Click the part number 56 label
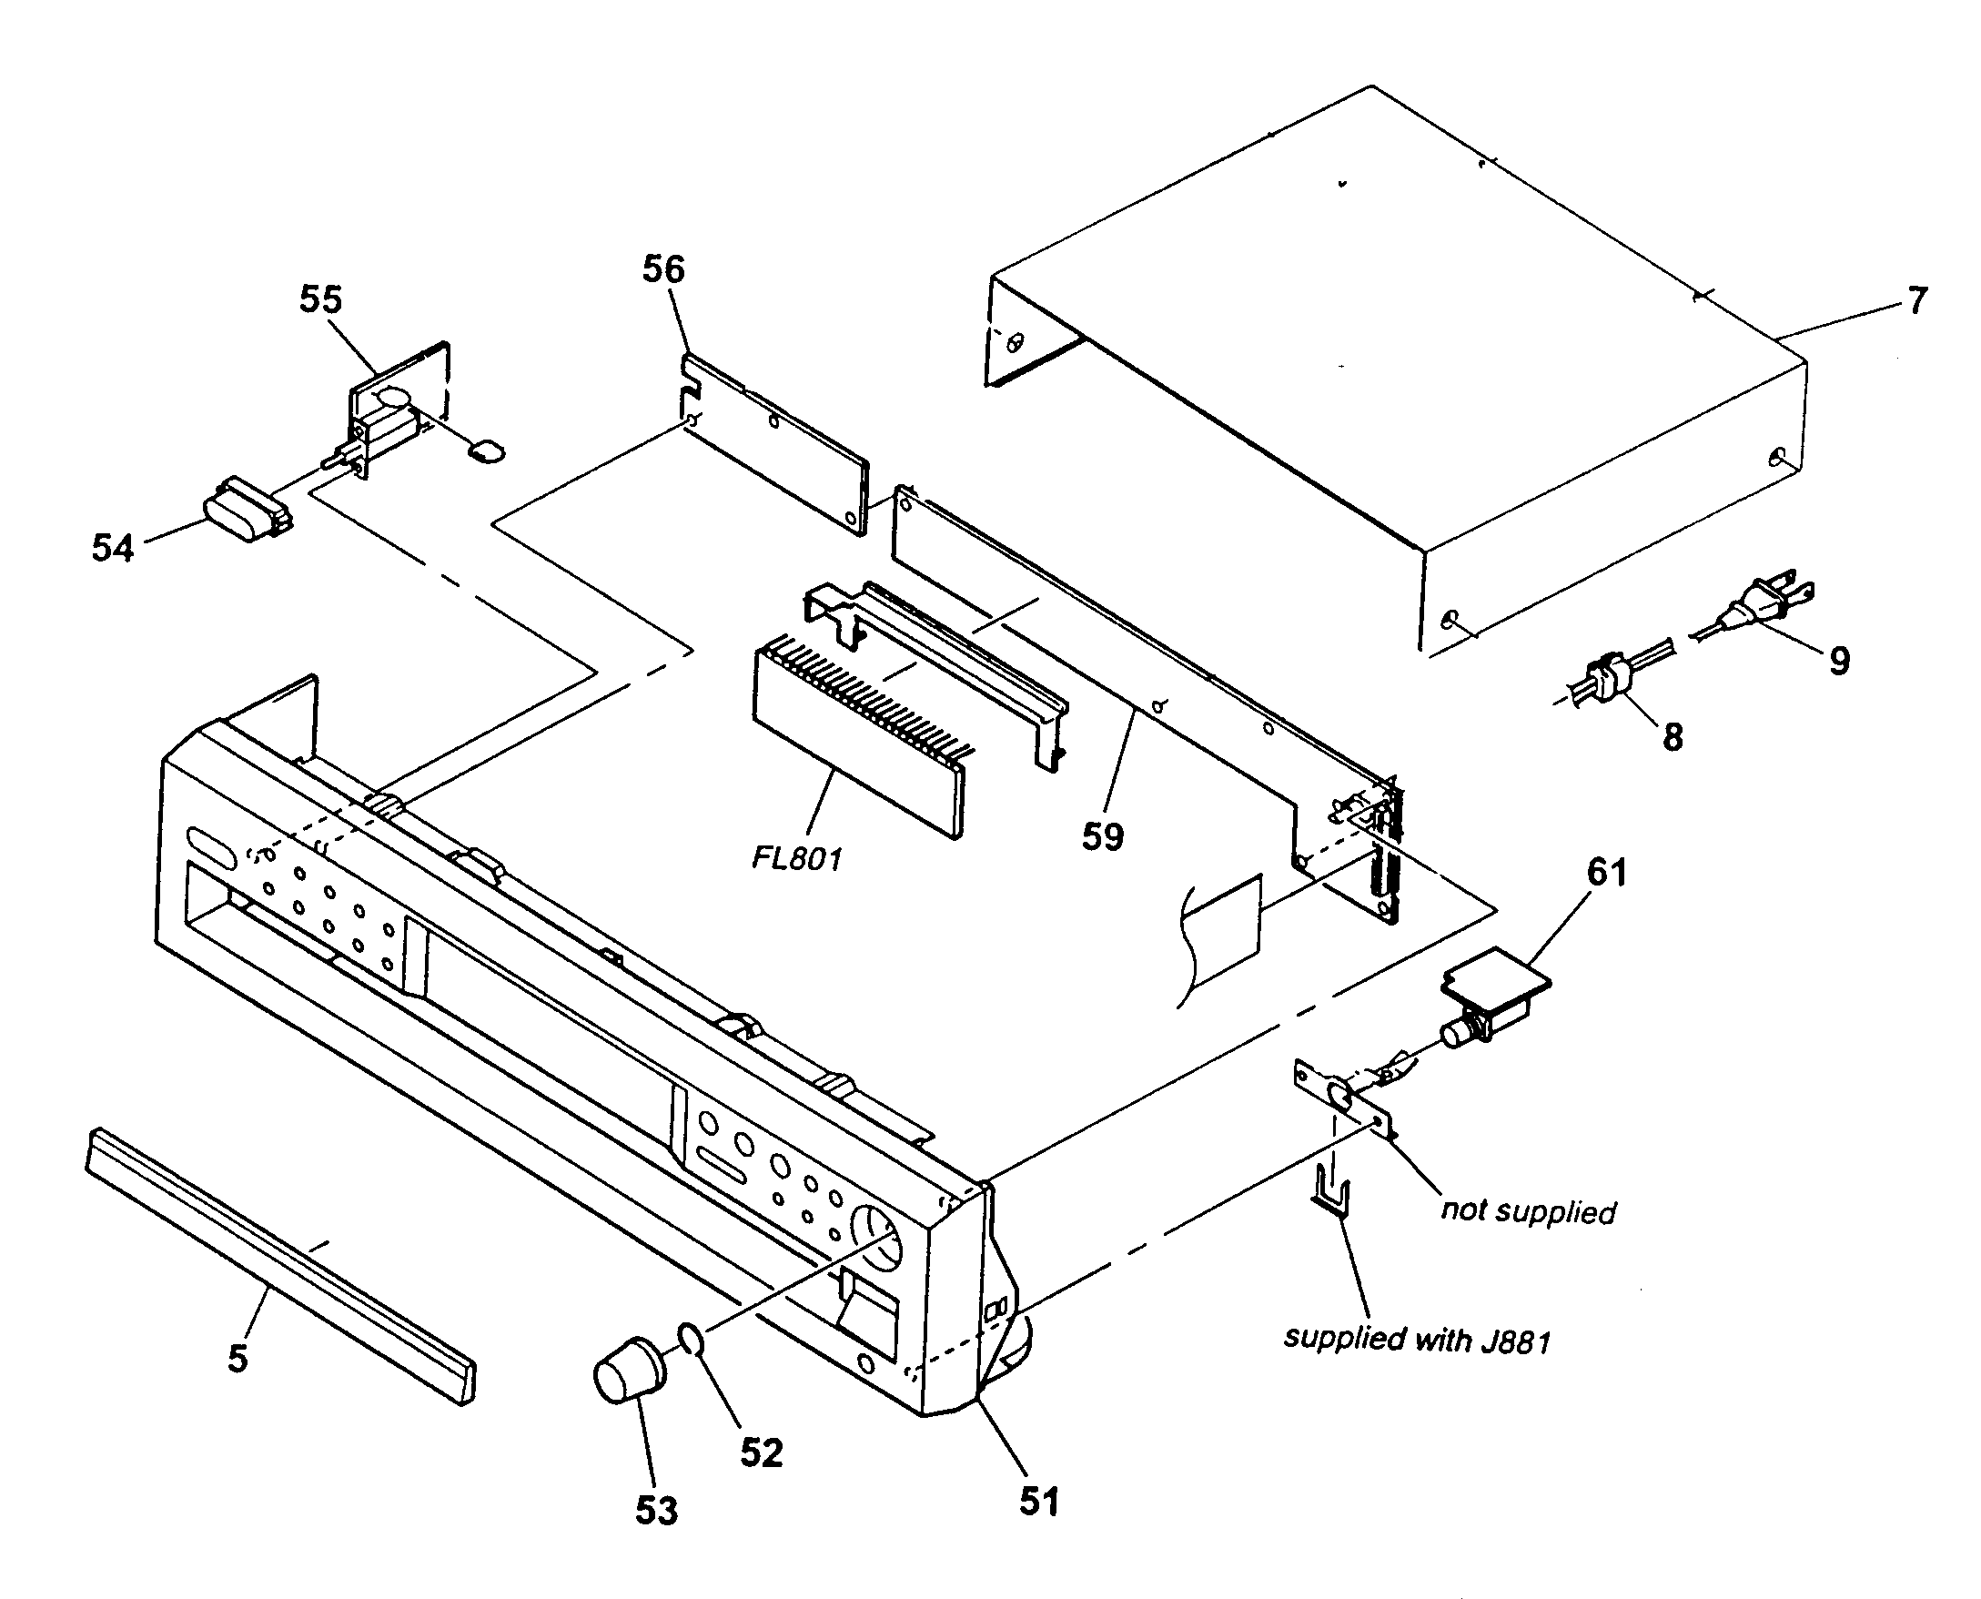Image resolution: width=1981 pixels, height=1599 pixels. pyautogui.click(x=663, y=270)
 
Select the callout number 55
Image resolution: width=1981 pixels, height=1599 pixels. pyautogui.click(x=320, y=299)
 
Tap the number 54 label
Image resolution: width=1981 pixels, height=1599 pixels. pyautogui.click(x=112, y=548)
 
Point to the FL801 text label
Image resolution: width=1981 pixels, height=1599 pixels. pyautogui.click(x=796, y=859)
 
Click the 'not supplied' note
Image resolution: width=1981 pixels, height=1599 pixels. pyautogui.click(x=1528, y=1210)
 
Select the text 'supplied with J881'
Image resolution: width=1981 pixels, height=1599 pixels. pyautogui.click(x=1418, y=1339)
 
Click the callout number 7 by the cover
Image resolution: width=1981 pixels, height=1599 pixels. pyautogui.click(x=1916, y=300)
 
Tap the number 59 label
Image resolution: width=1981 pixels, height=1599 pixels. pyautogui.click(x=1102, y=836)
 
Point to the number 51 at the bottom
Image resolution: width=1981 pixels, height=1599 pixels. pyautogui.click(x=1039, y=1502)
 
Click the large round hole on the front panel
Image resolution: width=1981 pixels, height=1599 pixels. pyautogui.click(x=874, y=1237)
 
